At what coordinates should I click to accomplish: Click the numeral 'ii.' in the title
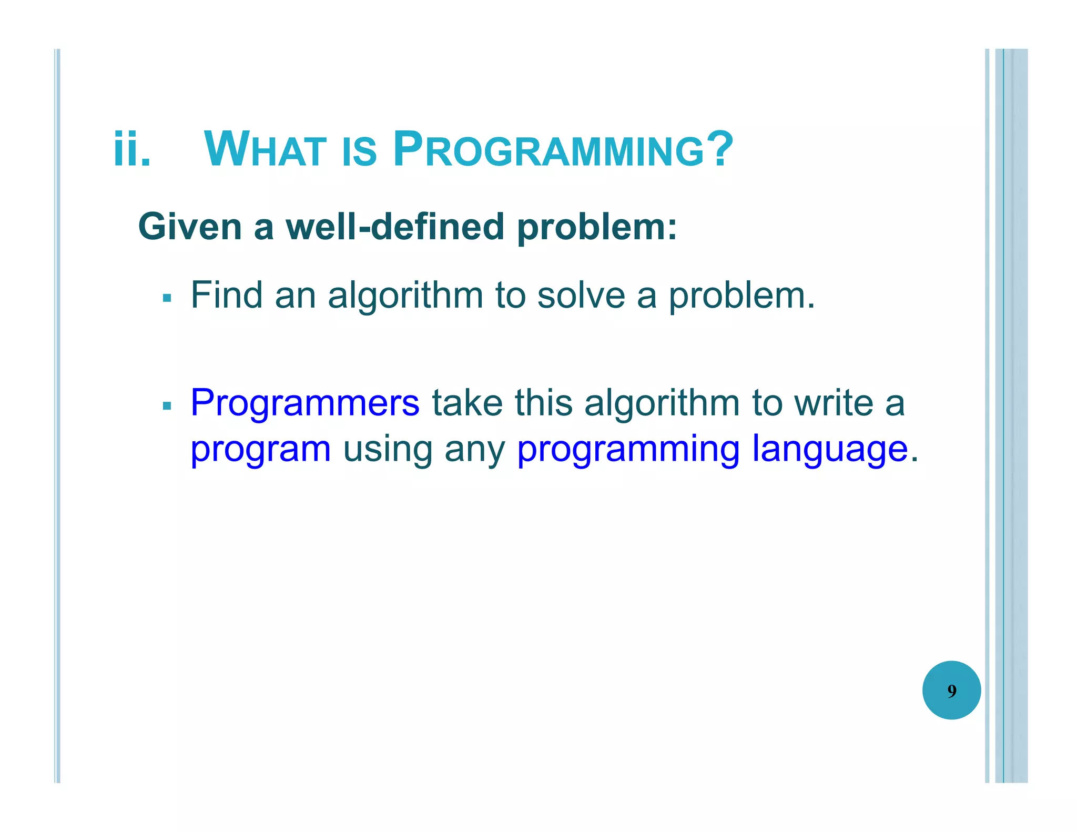132,150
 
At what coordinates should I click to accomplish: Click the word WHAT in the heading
265,150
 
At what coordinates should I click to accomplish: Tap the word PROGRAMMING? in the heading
563,150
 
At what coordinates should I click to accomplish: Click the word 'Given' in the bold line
190,227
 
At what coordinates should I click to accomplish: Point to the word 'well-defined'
394,227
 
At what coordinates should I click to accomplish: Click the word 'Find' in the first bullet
226,295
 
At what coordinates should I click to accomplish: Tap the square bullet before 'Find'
167,299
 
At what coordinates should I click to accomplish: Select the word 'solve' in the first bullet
581,295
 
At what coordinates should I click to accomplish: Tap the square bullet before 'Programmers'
167,406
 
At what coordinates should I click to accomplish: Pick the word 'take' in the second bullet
467,403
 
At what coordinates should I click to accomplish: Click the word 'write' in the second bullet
834,403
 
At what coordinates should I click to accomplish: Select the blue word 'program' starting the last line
260,450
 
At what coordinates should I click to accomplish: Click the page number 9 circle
951,690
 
